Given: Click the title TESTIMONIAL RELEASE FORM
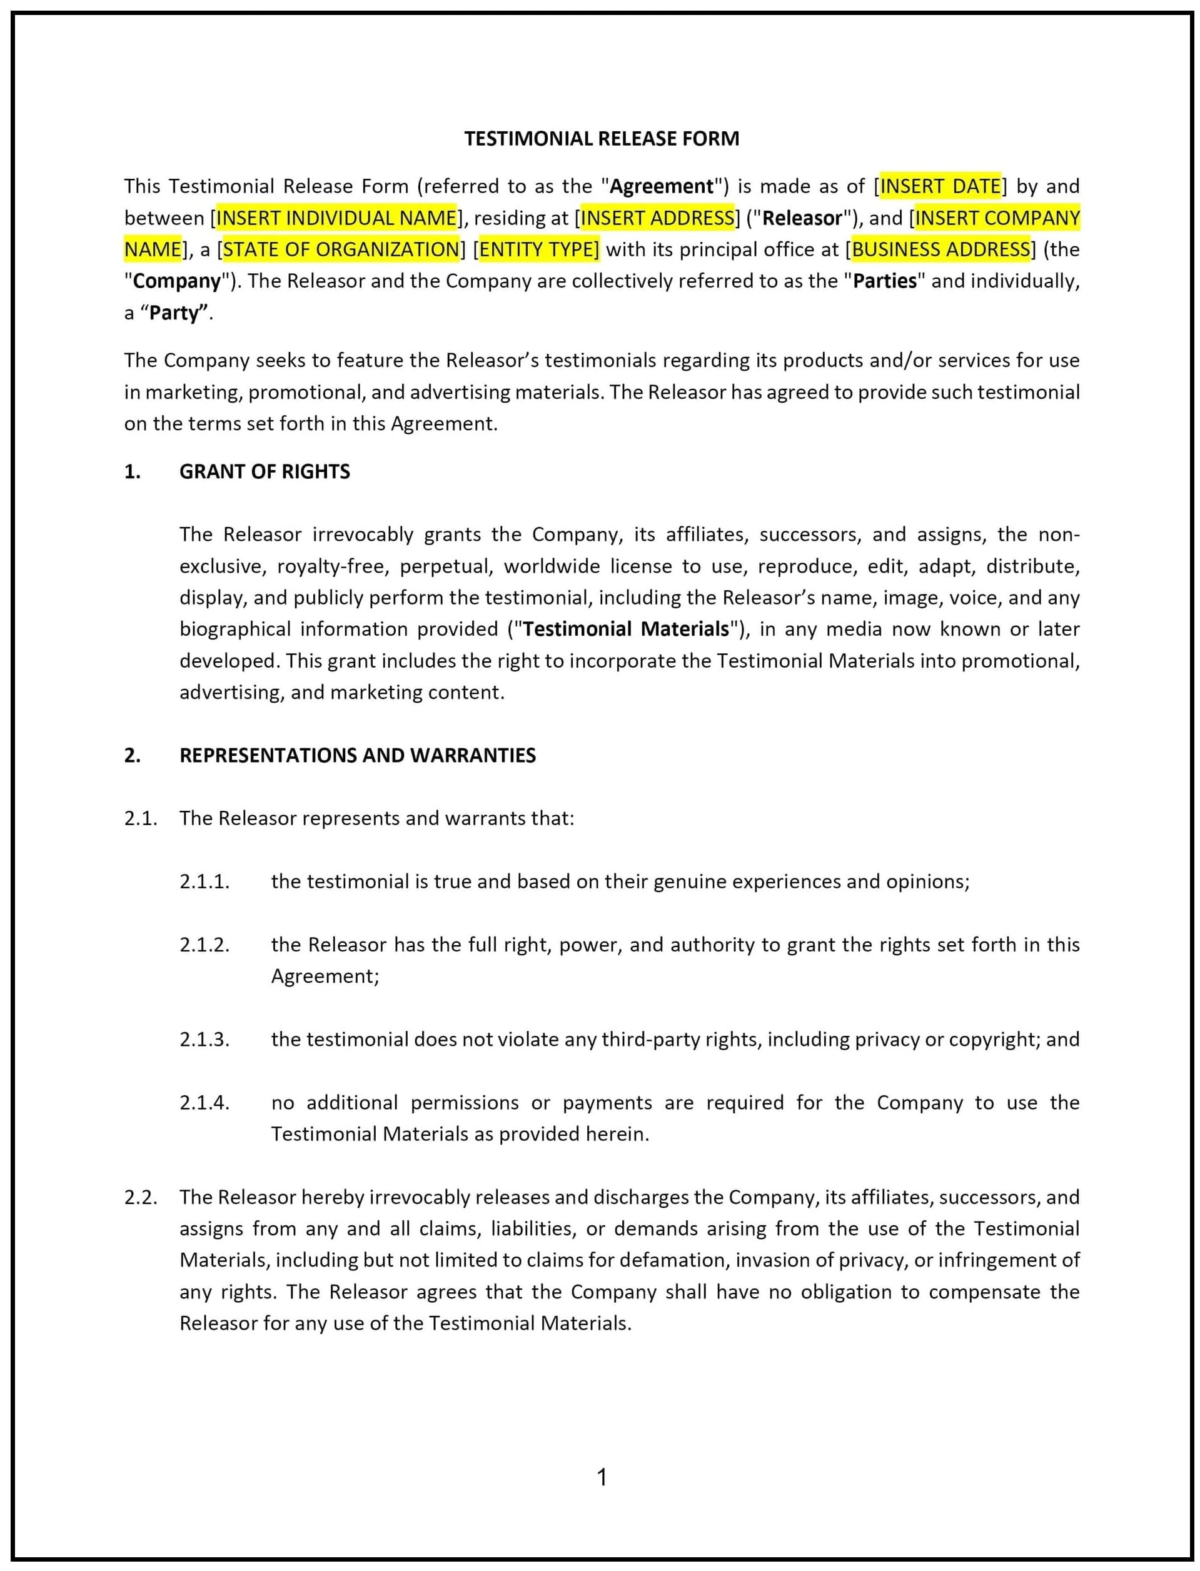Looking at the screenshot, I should [602, 139].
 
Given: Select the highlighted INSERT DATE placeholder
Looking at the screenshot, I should [940, 186].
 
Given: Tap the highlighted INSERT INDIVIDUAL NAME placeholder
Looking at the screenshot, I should [336, 218].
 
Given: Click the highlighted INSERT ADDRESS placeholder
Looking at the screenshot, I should [657, 218].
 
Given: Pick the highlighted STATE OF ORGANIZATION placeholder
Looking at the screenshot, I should [341, 249].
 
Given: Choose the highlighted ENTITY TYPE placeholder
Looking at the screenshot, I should [538, 249].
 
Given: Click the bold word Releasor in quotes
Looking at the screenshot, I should [802, 218].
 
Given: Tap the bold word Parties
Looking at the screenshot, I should [884, 281].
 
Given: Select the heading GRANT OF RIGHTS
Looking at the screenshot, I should [265, 471].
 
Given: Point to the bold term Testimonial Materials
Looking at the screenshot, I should [626, 628].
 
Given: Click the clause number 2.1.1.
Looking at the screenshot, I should [204, 881].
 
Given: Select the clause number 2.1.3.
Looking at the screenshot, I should [204, 1039].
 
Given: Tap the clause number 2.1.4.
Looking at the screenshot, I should [204, 1103].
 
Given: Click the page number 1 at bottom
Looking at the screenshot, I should [602, 1477].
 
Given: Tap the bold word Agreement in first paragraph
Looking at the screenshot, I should [661, 186].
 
